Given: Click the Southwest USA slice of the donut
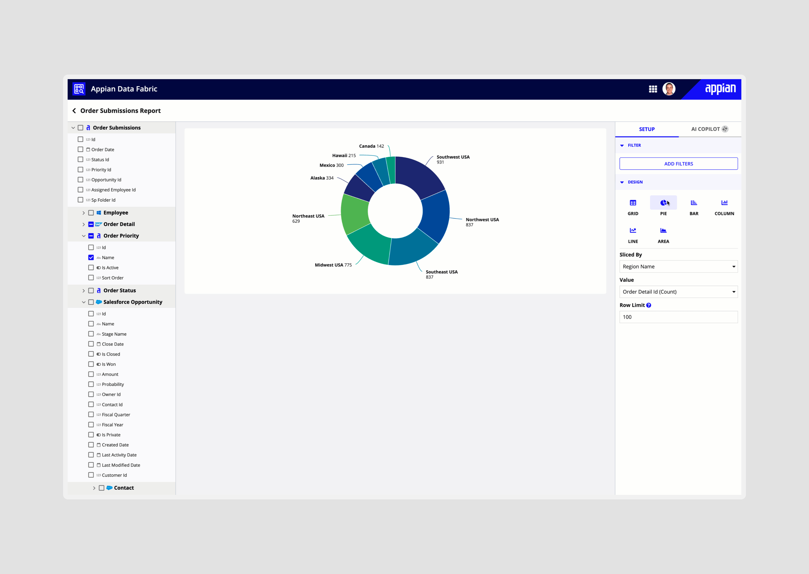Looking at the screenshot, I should click(x=419, y=175).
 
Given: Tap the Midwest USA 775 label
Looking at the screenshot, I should click(x=333, y=265).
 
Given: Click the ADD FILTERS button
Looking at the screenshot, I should click(x=678, y=164).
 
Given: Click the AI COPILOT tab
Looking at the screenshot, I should click(x=709, y=129).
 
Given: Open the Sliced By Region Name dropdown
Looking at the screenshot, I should click(x=678, y=267).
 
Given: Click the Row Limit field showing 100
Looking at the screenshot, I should click(x=678, y=317).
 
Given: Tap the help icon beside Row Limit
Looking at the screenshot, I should click(x=648, y=305).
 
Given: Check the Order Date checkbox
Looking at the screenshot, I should click(x=81, y=150).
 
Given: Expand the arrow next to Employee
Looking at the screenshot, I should click(x=83, y=213).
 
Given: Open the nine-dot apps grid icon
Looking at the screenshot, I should click(x=653, y=89).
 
